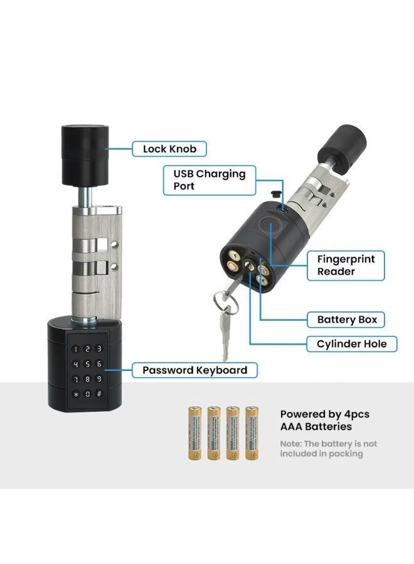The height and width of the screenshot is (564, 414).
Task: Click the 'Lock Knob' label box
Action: (x=169, y=149)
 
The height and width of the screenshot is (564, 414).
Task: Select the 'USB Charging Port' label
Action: (x=210, y=180)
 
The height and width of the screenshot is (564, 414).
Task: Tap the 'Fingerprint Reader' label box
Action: (x=346, y=265)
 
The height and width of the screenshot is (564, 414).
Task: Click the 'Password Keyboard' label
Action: (x=194, y=370)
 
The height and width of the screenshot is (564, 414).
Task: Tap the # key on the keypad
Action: (x=98, y=394)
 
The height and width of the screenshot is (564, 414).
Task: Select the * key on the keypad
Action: (x=77, y=394)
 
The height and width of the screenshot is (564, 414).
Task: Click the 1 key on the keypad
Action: (x=77, y=349)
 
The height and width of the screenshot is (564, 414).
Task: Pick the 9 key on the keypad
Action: (x=98, y=379)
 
